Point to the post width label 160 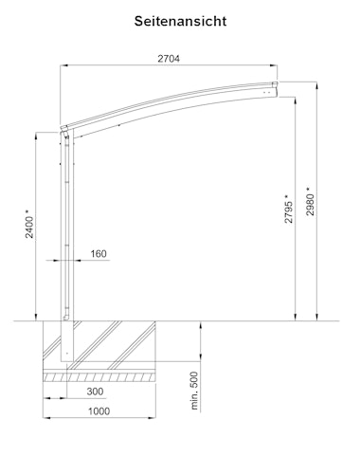click(x=99, y=254)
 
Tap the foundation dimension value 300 click(x=95, y=391)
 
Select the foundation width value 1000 click(x=98, y=411)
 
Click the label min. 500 click(x=194, y=390)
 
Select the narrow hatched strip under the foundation click(x=99, y=376)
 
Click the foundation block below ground click(x=99, y=346)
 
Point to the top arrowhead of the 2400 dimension click(x=38, y=130)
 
